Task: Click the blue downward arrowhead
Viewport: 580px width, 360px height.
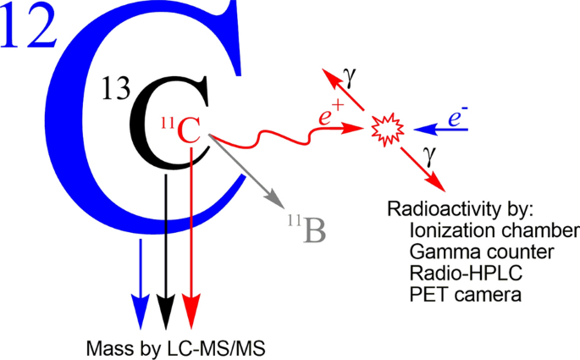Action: click(139, 310)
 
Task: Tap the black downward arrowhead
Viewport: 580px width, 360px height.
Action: click(166, 310)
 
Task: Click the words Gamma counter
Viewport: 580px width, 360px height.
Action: click(469, 252)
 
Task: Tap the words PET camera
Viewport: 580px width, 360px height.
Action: click(453, 296)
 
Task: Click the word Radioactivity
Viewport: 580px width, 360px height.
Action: click(434, 209)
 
